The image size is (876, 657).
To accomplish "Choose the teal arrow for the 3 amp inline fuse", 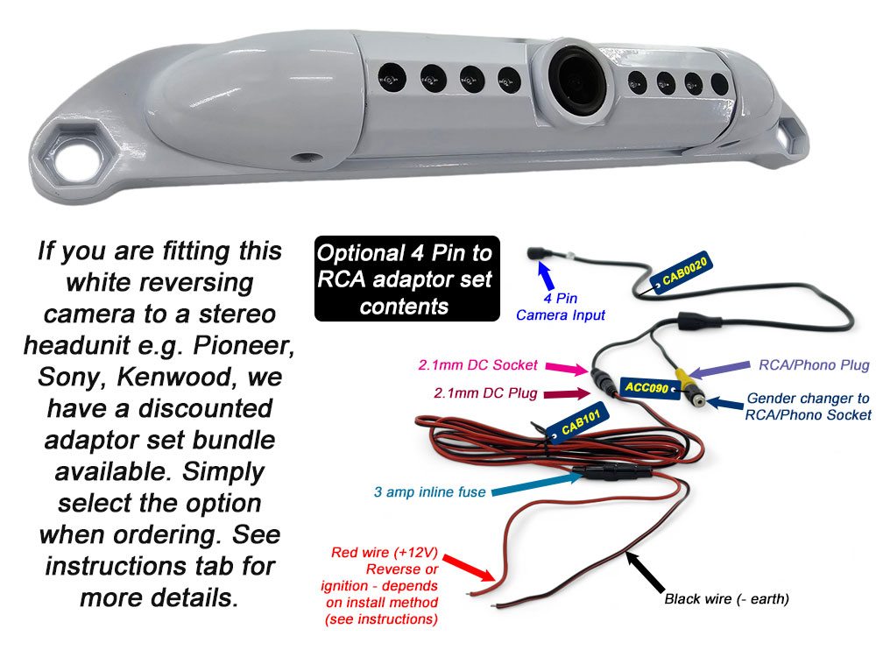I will tap(533, 485).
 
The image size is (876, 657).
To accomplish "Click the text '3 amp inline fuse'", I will tap(429, 492).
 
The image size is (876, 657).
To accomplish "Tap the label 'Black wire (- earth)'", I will tap(727, 599).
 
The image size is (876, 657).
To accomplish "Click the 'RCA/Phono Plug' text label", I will tap(808, 365).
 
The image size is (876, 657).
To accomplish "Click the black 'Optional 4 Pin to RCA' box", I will tap(406, 277).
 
